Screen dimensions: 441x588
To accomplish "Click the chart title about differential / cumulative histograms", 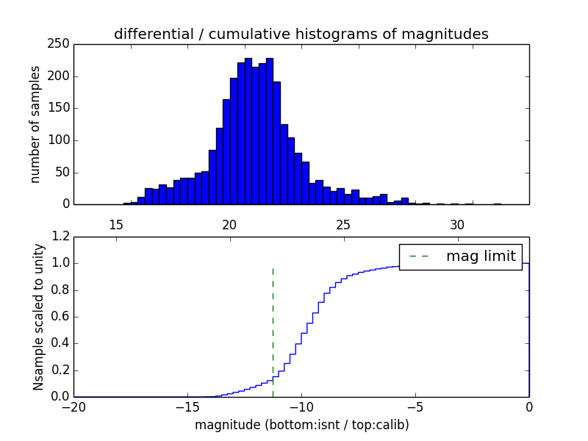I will (x=301, y=34).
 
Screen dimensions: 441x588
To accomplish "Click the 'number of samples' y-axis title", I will (x=35, y=124).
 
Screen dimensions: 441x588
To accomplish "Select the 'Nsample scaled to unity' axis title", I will (x=38, y=316).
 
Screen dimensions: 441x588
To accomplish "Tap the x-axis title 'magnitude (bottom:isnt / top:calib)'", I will (x=301, y=425).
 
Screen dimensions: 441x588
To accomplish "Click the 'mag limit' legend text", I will (x=481, y=257).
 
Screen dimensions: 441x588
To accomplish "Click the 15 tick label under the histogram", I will (x=115, y=224).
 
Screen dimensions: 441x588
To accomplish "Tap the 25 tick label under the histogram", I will (x=343, y=224).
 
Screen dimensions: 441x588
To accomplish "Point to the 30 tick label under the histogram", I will (x=457, y=224).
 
